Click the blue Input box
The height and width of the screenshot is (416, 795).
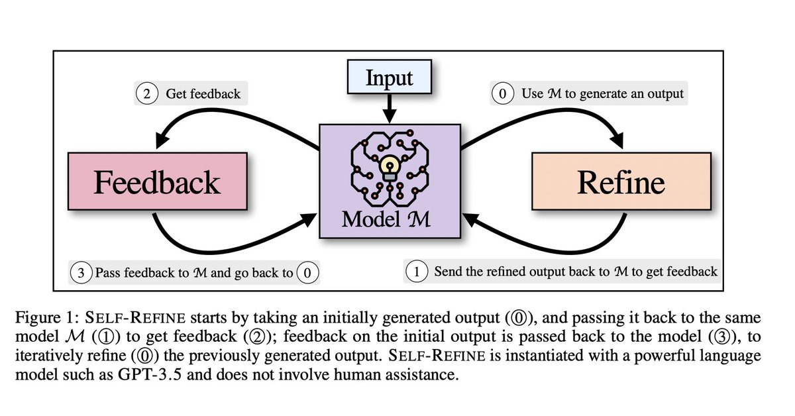pyautogui.click(x=390, y=78)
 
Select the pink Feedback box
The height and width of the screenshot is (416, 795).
pyautogui.click(x=156, y=181)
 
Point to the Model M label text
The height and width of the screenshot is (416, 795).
pyautogui.click(x=386, y=219)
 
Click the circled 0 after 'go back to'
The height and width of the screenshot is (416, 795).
pyautogui.click(x=306, y=272)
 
